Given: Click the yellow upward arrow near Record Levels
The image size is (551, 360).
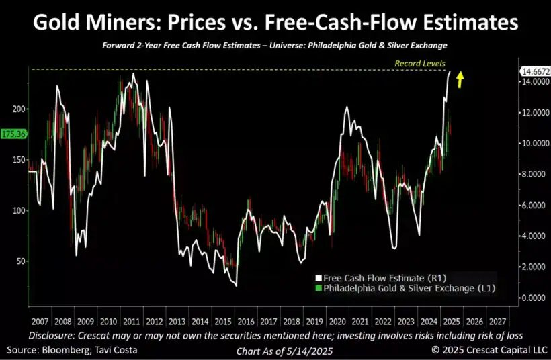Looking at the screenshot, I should pyautogui.click(x=460, y=80).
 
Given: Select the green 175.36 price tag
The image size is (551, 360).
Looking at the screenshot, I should pyautogui.click(x=13, y=134).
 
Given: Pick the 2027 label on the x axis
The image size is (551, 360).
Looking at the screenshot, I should pyautogui.click(x=497, y=322).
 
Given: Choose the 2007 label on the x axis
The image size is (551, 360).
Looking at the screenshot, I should pyautogui.click(x=39, y=322).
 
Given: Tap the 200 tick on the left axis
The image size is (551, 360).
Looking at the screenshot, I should pyautogui.click(x=18, y=109).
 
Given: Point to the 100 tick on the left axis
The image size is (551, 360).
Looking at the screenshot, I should pyautogui.click(x=18, y=210).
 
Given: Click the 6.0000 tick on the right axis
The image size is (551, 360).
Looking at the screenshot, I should pyautogui.click(x=533, y=205).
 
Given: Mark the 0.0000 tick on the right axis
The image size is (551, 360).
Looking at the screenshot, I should pyautogui.click(x=533, y=298).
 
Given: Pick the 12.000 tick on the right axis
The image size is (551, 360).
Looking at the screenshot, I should pyautogui.click(x=533, y=112).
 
